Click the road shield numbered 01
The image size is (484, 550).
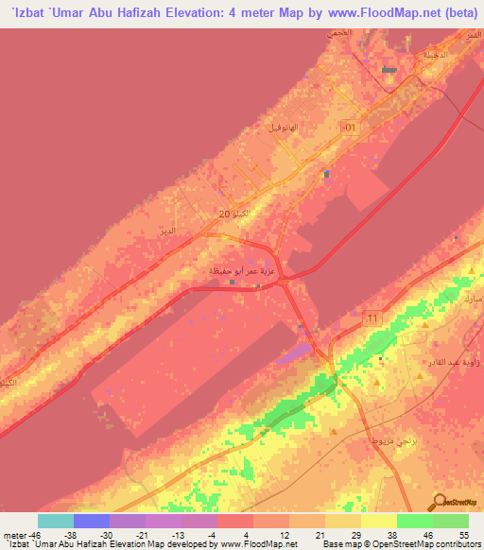pyautogui.click(x=350, y=127)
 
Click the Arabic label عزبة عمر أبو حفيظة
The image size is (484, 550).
pyautogui.click(x=241, y=271)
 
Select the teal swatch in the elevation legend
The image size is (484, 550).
pyautogui.click(x=55, y=522)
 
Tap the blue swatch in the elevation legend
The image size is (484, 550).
pyautogui.click(x=92, y=522)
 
